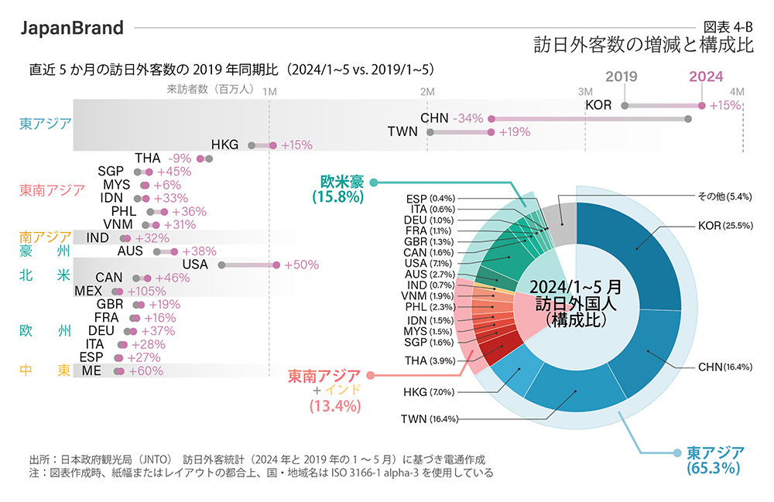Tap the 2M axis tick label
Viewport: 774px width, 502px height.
click(427, 91)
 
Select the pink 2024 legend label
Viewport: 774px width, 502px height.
click(706, 77)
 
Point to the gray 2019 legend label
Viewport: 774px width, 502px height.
click(622, 77)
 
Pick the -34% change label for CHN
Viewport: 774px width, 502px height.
click(469, 118)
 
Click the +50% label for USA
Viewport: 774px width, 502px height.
click(302, 265)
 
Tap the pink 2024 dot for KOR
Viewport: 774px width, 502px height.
click(702, 105)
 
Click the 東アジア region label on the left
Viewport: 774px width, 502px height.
click(46, 122)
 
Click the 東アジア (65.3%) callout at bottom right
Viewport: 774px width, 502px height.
click(714, 459)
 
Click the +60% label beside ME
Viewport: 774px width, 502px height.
click(145, 371)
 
